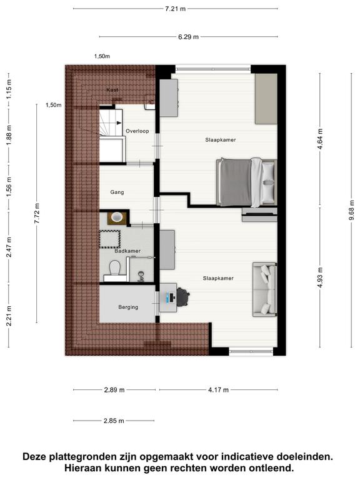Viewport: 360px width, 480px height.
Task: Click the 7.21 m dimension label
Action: pos(176,9)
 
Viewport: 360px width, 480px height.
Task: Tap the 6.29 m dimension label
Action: pos(188,37)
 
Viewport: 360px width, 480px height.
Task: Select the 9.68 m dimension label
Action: pos(351,210)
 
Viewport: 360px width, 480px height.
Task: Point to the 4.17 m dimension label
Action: pos(218,390)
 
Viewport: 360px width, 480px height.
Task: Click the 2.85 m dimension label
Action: pos(114,421)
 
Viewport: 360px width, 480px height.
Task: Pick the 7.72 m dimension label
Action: pos(37,213)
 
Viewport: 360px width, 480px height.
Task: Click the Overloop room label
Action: pos(137,131)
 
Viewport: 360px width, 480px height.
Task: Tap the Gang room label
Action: pos(117,192)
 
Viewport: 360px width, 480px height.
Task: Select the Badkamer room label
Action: pos(127,251)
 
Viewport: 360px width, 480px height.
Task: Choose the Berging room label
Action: pos(128,307)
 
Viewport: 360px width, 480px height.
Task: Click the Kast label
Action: pos(112,90)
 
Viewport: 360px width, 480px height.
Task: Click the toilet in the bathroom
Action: pos(114,268)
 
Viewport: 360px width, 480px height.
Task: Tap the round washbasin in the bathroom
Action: pos(117,217)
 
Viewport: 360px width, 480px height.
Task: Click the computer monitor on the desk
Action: pos(168,297)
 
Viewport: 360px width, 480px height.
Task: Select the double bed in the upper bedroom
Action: pos(246,182)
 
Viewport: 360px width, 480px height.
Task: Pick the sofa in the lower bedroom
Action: pos(264,289)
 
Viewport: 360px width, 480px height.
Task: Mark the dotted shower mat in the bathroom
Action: pos(109,239)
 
